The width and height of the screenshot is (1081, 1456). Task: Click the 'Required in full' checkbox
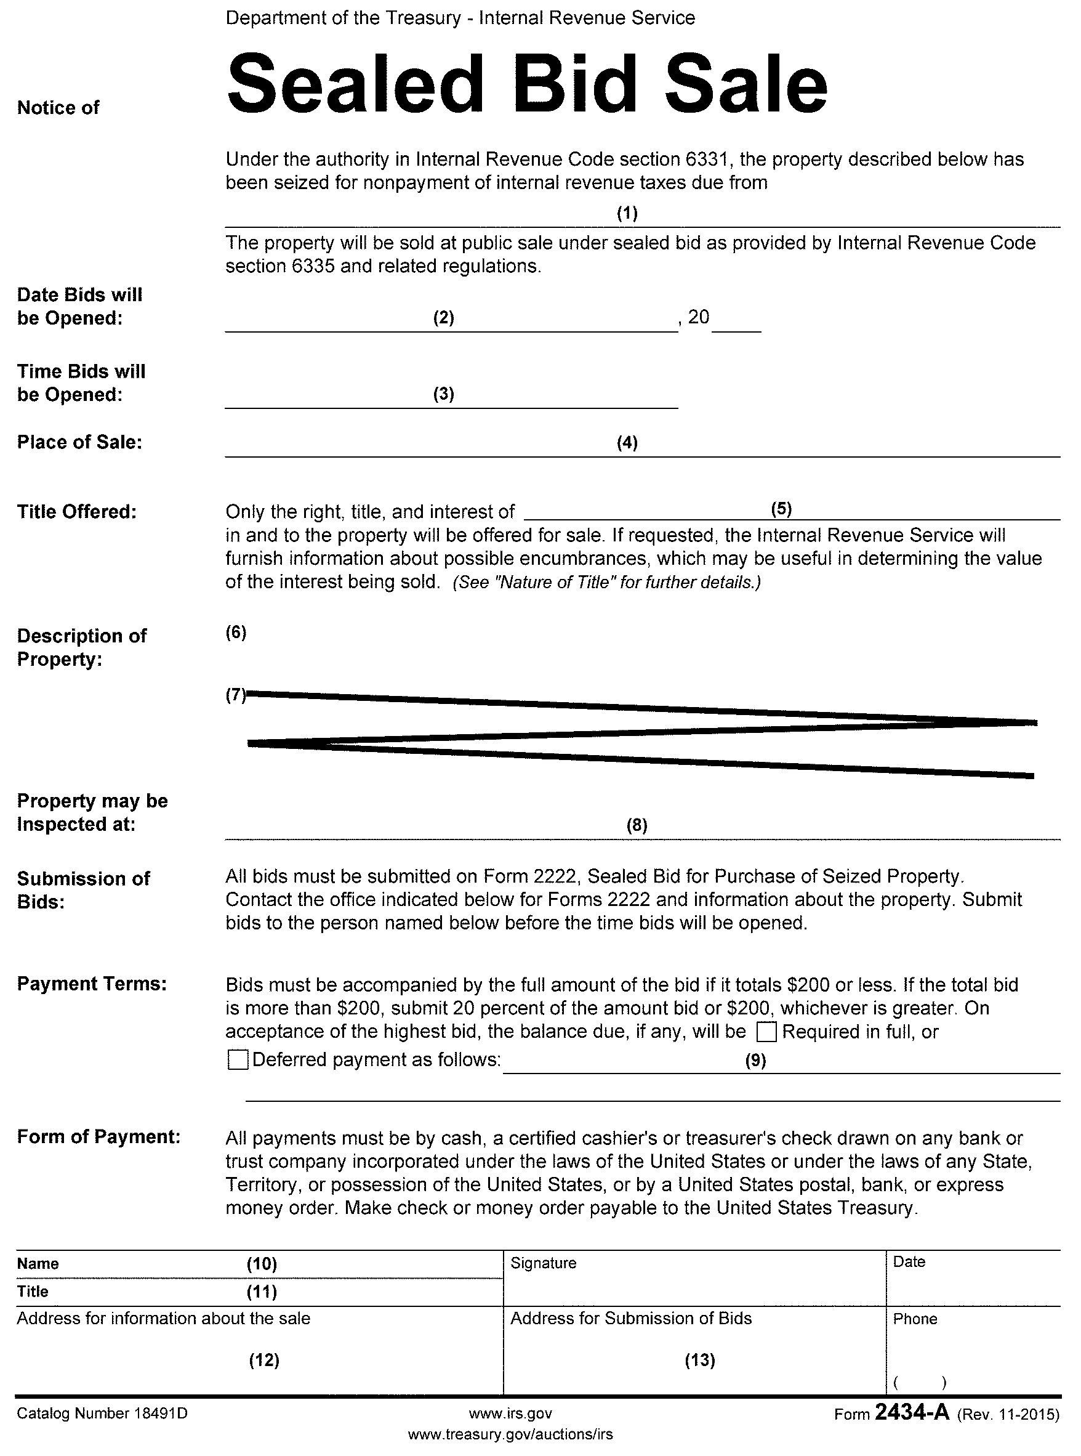(x=766, y=1032)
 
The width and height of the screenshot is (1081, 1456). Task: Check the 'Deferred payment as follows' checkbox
(x=238, y=1060)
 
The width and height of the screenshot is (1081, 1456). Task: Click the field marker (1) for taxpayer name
(x=627, y=212)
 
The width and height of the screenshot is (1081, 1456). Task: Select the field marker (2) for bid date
(x=444, y=318)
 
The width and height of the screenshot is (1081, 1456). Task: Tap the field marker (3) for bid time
(x=444, y=394)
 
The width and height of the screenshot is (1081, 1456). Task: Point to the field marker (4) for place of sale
(x=627, y=443)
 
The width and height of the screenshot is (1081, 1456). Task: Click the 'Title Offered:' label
(x=76, y=511)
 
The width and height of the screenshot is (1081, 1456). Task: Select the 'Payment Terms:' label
(x=92, y=984)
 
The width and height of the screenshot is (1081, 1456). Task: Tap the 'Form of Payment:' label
(x=98, y=1136)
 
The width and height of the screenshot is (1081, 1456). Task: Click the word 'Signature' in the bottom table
(x=543, y=1263)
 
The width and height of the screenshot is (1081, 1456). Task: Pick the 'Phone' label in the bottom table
(x=915, y=1319)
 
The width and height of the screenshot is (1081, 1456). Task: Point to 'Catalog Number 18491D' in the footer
(x=102, y=1414)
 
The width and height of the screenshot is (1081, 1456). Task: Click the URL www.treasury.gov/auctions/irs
(x=510, y=1434)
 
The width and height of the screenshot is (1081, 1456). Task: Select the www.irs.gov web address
(x=510, y=1414)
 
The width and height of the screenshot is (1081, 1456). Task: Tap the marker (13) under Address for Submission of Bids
(x=699, y=1361)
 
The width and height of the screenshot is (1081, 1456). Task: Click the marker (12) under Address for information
(x=264, y=1361)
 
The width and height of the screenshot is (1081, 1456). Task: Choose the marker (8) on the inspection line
(x=637, y=825)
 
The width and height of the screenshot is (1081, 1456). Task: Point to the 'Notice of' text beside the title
(x=58, y=107)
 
